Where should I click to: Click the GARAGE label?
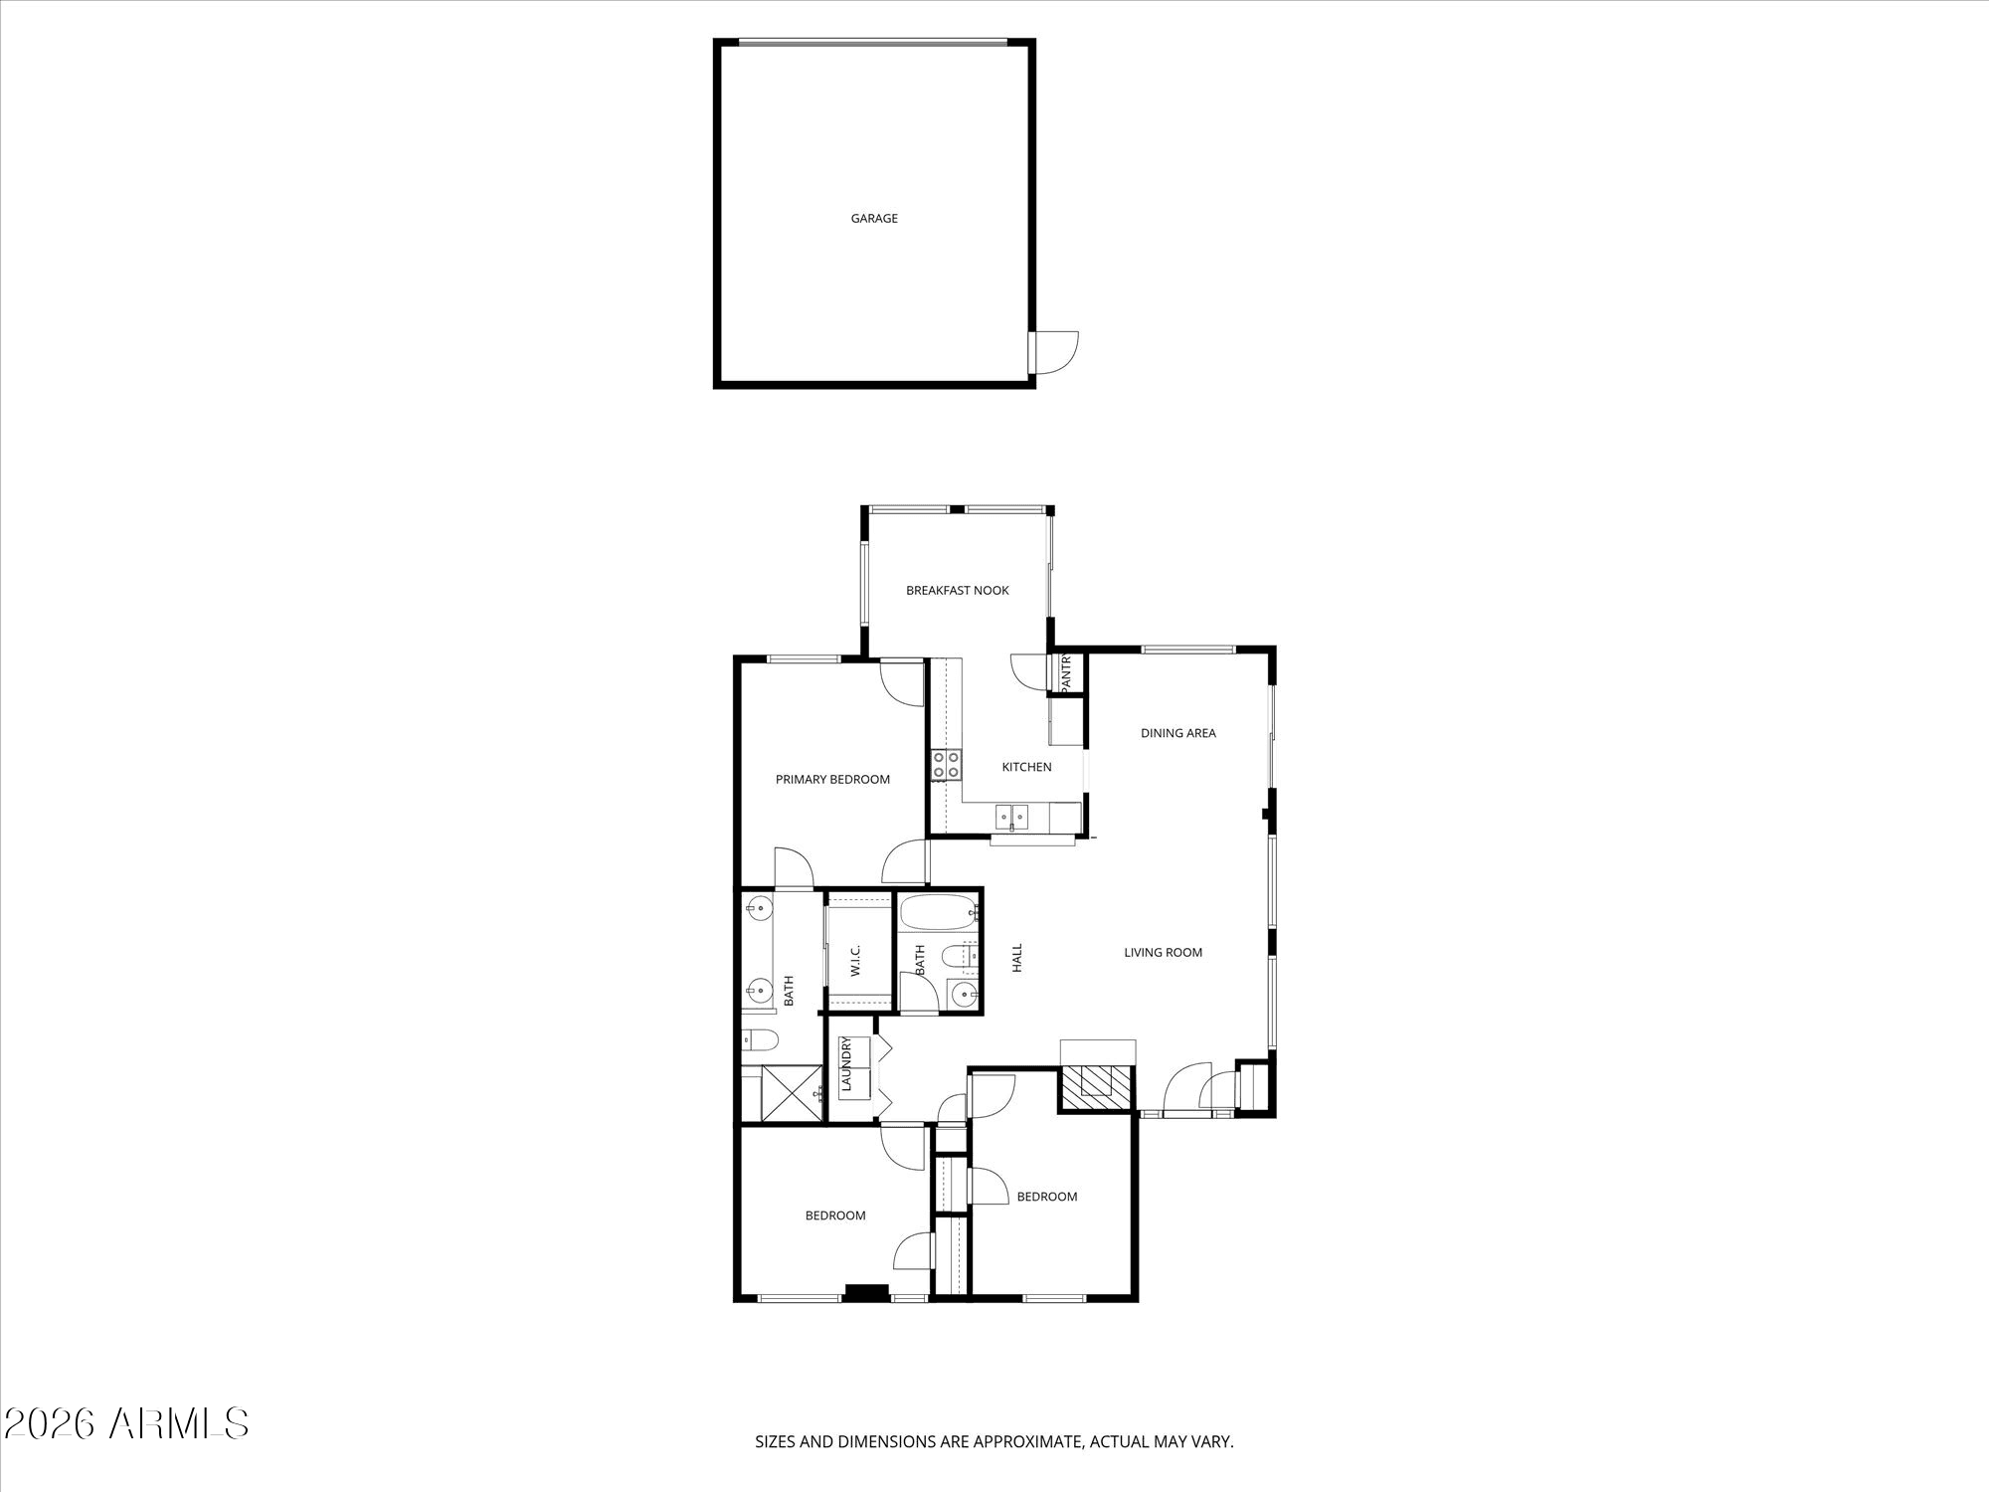(874, 219)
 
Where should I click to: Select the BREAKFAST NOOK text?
(958, 591)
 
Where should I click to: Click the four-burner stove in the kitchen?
(947, 764)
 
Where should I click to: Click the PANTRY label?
(1065, 673)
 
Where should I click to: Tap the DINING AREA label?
(1178, 733)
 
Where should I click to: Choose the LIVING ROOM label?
(1164, 953)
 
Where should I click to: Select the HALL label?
(1017, 958)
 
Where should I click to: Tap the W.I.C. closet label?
(855, 960)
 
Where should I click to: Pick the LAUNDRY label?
(847, 1064)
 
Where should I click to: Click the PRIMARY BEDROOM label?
(832, 780)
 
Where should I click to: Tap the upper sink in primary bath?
(759, 906)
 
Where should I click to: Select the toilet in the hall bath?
(956, 955)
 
